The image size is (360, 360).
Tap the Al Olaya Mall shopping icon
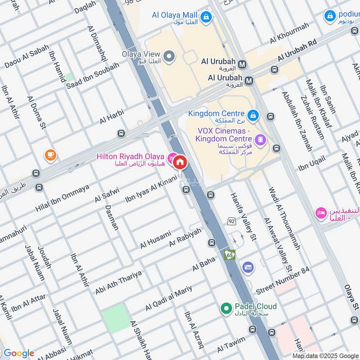tap(206, 18)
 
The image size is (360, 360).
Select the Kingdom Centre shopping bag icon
tap(253, 115)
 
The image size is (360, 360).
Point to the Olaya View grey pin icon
tap(169, 56)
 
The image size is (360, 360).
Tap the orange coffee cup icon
tap(50, 155)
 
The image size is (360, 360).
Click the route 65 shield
tap(230, 255)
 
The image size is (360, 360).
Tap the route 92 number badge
tap(232, 221)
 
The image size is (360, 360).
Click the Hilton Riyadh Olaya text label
tap(130, 157)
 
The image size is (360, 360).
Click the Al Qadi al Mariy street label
tap(168, 298)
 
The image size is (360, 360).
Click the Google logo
tap(18, 353)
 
